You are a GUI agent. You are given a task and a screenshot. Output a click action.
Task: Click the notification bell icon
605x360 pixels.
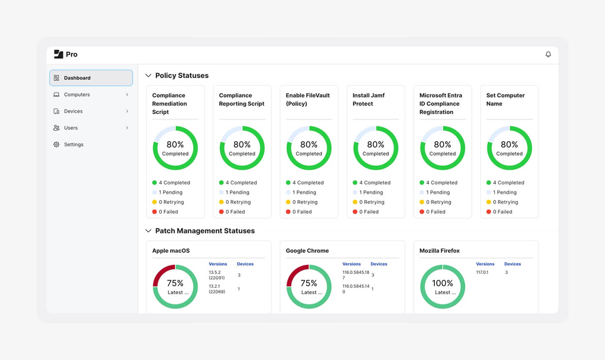click(x=548, y=54)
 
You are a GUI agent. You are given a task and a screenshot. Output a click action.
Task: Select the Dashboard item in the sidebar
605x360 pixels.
click(x=91, y=78)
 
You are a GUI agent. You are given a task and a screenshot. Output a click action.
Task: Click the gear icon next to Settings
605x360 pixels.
click(x=56, y=144)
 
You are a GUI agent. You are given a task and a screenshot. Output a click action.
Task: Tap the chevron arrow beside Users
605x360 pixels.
click(x=127, y=128)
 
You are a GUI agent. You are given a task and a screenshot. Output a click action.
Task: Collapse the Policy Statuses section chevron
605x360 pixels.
click(x=148, y=75)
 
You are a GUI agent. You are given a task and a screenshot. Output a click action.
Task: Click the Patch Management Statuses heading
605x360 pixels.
click(x=205, y=231)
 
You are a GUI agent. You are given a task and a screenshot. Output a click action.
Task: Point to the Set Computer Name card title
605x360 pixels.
click(x=505, y=99)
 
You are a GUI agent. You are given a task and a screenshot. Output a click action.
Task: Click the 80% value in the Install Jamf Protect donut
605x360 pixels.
click(x=376, y=144)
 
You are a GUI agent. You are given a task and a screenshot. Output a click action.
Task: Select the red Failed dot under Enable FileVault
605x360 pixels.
click(x=288, y=211)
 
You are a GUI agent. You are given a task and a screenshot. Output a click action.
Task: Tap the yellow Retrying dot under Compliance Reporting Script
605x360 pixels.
click(x=221, y=202)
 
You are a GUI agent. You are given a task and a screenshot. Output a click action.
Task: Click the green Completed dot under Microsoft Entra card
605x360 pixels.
click(x=422, y=182)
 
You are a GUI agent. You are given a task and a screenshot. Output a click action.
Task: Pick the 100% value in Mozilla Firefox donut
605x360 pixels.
click(x=442, y=283)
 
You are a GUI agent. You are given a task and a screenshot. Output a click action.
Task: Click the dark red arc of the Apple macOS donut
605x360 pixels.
click(x=160, y=272)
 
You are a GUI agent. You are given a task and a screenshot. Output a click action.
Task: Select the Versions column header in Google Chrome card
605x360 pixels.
click(x=352, y=264)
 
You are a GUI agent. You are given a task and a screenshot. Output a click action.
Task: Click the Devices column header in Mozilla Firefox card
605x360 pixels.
click(x=512, y=264)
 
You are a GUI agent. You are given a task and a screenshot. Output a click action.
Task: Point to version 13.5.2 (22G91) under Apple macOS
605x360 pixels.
click(x=217, y=275)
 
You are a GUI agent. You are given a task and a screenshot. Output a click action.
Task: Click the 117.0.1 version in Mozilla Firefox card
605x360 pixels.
click(x=482, y=272)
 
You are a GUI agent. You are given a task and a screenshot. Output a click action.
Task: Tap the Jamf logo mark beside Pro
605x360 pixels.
click(x=58, y=54)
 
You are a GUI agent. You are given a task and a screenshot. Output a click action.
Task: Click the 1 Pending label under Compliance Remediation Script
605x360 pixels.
click(x=170, y=192)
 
